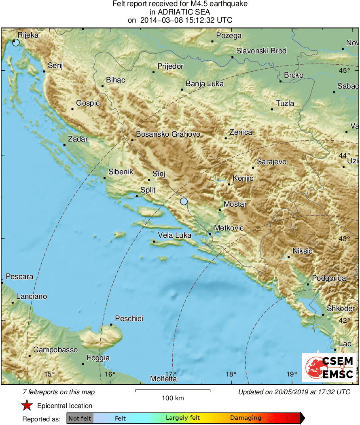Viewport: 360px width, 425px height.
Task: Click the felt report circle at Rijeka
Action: point(16,42)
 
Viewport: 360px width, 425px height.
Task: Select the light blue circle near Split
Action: point(184,201)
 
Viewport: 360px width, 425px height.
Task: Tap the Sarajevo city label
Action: point(271,162)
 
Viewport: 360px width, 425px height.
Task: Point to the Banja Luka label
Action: point(205,84)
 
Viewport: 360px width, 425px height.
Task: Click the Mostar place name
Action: point(235,204)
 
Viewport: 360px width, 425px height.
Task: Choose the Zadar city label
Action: point(78,139)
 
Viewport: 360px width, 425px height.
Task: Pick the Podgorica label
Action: point(329,278)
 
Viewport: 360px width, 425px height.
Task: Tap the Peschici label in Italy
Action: point(129,319)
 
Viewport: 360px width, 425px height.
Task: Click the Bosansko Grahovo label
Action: point(168,134)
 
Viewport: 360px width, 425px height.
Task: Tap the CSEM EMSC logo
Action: point(329,367)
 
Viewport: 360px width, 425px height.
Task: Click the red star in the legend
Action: point(27,406)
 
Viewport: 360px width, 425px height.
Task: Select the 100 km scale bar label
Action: point(173,398)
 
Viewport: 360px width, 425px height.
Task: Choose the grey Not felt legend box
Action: point(80,418)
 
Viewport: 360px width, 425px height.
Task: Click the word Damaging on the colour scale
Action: point(246,418)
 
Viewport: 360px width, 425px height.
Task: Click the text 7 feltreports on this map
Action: point(59,392)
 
